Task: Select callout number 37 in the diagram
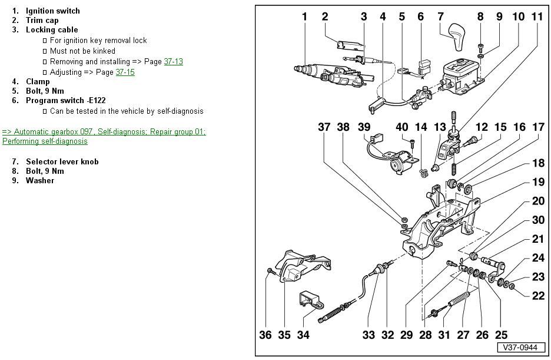click(x=324, y=127)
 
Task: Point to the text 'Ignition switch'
click(x=52, y=11)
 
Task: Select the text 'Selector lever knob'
click(x=62, y=161)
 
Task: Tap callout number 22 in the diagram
click(x=538, y=296)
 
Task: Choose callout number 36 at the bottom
click(x=265, y=335)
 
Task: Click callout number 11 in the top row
click(x=537, y=16)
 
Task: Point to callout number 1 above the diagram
click(x=304, y=16)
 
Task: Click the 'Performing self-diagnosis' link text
click(x=45, y=141)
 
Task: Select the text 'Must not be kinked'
click(x=82, y=51)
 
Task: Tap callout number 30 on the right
click(x=538, y=220)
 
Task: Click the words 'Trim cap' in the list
click(x=42, y=20)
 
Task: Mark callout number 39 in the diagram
click(x=364, y=127)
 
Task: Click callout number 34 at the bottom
click(x=303, y=335)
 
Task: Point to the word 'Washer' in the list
click(x=39, y=180)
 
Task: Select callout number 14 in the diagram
click(x=421, y=127)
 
